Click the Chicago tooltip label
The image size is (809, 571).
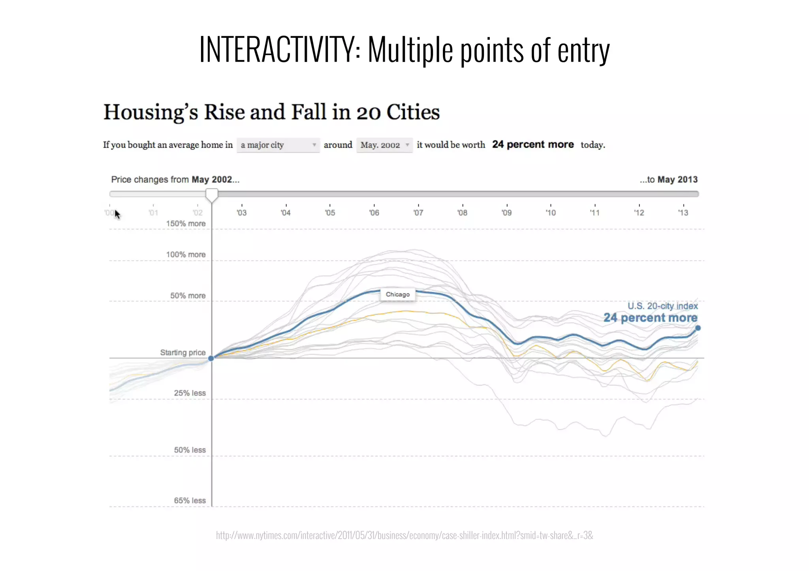397,294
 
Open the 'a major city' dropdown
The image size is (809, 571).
278,145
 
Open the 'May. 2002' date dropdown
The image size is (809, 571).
384,145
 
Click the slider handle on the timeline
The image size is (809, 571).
212,195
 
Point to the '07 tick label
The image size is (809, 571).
418,213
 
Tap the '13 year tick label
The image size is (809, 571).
683,213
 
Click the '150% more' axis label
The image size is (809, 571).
186,224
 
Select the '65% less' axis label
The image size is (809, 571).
190,500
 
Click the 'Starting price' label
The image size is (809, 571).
182,352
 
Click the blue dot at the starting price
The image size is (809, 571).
211,358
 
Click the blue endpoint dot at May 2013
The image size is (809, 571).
698,328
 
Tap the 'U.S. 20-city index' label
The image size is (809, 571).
662,306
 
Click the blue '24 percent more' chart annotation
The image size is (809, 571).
650,318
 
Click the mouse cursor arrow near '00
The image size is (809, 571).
117,214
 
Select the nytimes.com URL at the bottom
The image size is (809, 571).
404,535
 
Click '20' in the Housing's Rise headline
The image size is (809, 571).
369,112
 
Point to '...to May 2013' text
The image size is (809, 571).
668,180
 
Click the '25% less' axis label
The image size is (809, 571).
190,393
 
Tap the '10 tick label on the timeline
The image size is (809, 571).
550,213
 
